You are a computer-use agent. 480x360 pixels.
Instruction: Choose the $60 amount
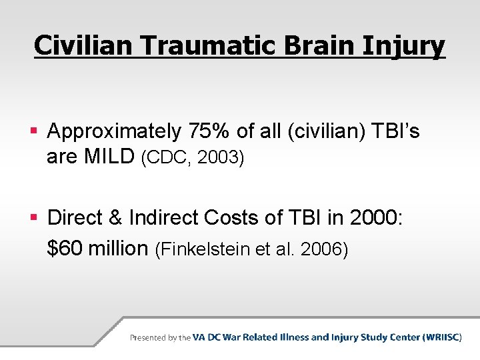pyautogui.click(x=64, y=249)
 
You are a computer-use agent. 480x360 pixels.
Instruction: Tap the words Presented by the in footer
pyautogui.click(x=160, y=338)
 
